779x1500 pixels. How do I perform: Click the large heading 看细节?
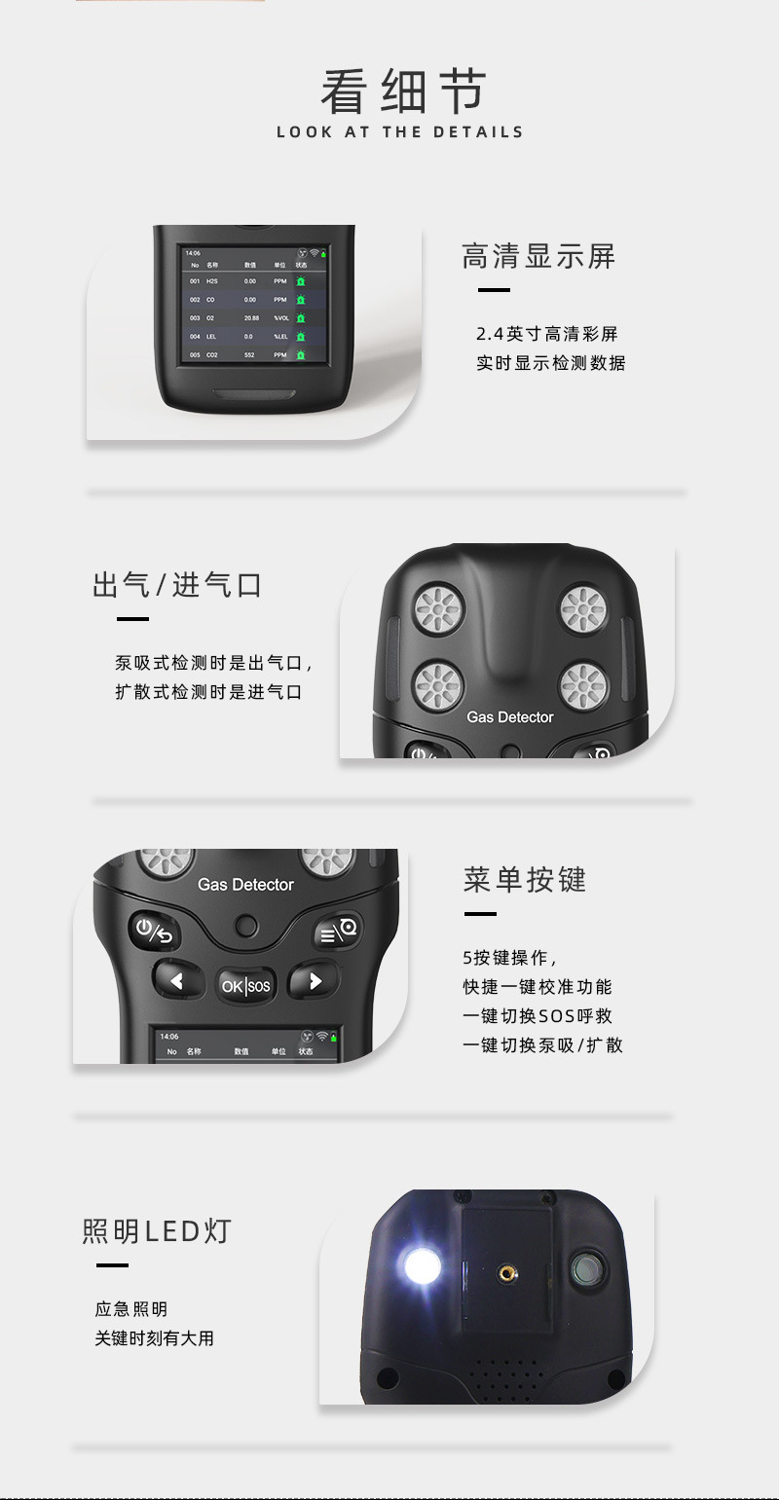click(402, 92)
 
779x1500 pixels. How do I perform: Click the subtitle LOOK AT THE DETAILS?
click(399, 132)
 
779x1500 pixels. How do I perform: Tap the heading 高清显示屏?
click(538, 257)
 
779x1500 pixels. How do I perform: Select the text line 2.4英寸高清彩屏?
click(546, 334)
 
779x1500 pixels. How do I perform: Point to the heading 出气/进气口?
click(177, 585)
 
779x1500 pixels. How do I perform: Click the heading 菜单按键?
click(525, 880)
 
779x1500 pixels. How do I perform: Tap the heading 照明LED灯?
click(157, 1231)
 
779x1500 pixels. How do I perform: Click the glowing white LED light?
click(422, 1265)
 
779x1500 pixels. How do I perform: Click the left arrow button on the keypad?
click(177, 980)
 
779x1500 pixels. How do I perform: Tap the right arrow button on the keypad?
click(314, 980)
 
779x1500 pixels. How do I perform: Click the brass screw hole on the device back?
click(507, 1271)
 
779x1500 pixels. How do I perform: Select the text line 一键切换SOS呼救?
click(538, 1016)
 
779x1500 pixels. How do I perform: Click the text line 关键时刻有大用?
click(154, 1338)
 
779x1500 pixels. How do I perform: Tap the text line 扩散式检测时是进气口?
click(208, 693)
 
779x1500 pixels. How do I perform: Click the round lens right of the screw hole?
click(587, 1268)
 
